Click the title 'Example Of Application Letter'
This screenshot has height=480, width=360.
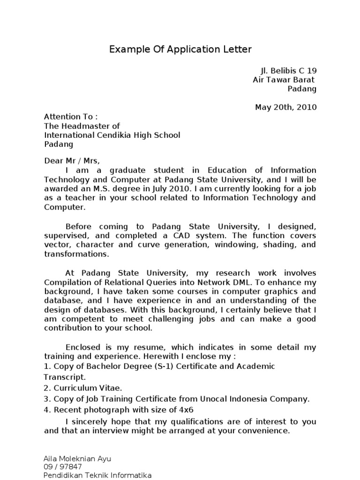click(x=180, y=49)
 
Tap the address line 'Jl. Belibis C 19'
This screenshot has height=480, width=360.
click(x=288, y=71)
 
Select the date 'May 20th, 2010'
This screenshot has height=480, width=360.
click(x=285, y=107)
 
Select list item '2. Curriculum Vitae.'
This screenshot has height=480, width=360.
click(x=83, y=388)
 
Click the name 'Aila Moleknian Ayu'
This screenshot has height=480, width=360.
click(x=77, y=458)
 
